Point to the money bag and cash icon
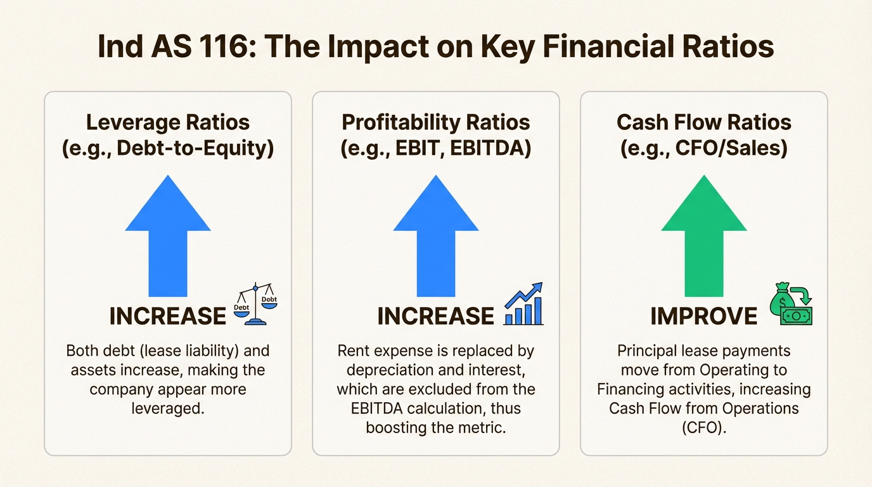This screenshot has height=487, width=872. [x=791, y=306]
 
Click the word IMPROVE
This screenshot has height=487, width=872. [x=703, y=316]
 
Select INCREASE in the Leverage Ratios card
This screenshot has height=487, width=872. [x=167, y=316]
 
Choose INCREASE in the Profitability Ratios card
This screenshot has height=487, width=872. [x=435, y=316]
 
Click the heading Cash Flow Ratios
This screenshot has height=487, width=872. [x=703, y=122]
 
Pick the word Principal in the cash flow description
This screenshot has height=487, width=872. [x=652, y=351]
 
